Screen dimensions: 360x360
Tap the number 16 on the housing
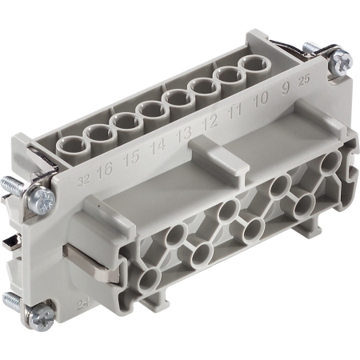pyautogui.click(x=103, y=170)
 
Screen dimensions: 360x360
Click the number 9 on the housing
pyautogui.click(x=286, y=96)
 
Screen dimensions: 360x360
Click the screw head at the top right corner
pyautogui.click(x=342, y=58)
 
